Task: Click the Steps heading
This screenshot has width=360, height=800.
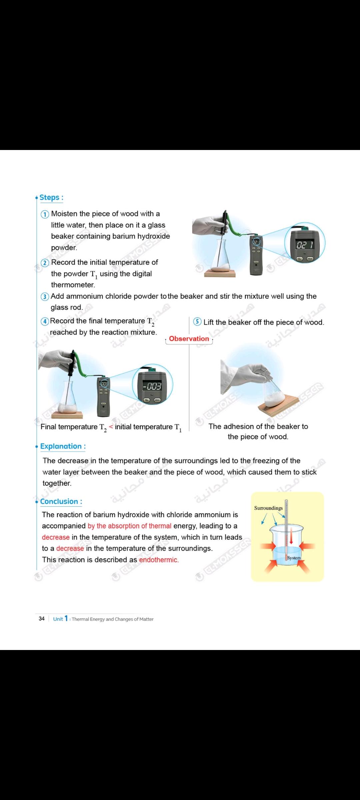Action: (x=51, y=197)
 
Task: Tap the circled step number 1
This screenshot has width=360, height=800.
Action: (x=45, y=214)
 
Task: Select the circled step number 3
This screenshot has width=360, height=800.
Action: (x=45, y=296)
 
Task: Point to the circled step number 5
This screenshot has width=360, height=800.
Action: (x=197, y=322)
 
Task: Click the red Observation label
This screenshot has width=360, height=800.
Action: (x=189, y=339)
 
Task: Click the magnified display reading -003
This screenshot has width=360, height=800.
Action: (x=152, y=386)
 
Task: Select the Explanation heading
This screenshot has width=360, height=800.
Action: (x=63, y=446)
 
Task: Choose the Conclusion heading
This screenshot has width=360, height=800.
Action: (x=61, y=501)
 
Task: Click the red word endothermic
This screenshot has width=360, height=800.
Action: (x=159, y=560)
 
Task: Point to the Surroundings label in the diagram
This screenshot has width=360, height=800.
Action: (x=268, y=508)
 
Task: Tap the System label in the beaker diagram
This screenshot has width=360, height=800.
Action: (x=294, y=558)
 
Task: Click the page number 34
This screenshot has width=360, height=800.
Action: (x=42, y=619)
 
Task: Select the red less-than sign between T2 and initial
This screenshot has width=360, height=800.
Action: (x=111, y=427)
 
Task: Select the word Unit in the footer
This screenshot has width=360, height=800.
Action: (x=58, y=619)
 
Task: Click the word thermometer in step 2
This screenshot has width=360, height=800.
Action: (x=73, y=285)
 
